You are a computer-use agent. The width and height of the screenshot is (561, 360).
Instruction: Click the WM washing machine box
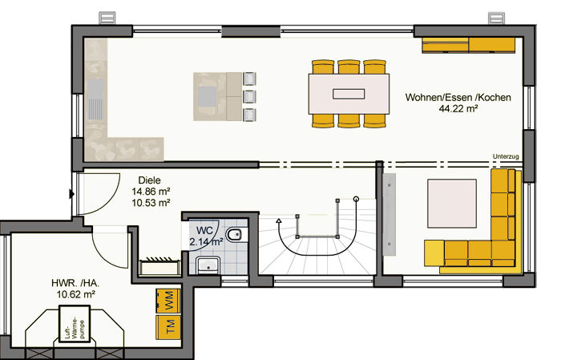(168, 301)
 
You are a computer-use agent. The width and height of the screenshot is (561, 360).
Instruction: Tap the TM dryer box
(168, 327)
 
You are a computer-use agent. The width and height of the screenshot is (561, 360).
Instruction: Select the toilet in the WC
(234, 235)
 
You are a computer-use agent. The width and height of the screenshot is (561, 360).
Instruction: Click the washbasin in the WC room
(208, 265)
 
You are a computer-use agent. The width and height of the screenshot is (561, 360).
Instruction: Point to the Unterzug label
(506, 156)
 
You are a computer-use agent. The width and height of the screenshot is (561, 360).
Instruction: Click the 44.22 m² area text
(458, 108)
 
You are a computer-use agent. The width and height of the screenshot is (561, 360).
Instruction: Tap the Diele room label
(150, 180)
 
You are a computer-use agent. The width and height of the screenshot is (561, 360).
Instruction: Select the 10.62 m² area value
(76, 294)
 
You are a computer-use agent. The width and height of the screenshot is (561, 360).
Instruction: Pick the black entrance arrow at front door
(71, 194)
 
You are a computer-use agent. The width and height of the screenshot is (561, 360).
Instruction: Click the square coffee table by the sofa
(452, 204)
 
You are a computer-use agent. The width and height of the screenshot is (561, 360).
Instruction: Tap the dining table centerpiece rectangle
(349, 94)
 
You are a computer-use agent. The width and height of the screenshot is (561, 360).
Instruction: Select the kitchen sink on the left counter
(95, 99)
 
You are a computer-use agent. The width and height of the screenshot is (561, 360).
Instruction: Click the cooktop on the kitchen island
(207, 96)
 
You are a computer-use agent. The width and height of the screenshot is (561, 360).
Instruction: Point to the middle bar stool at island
(249, 97)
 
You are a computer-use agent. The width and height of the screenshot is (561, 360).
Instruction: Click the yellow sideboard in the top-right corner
(469, 45)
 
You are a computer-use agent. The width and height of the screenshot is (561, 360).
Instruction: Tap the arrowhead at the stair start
(279, 220)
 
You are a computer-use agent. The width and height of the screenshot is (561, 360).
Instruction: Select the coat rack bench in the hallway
(159, 266)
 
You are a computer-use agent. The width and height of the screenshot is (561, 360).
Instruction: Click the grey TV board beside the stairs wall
(389, 214)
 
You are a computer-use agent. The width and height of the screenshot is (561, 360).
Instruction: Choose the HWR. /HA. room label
(75, 283)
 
